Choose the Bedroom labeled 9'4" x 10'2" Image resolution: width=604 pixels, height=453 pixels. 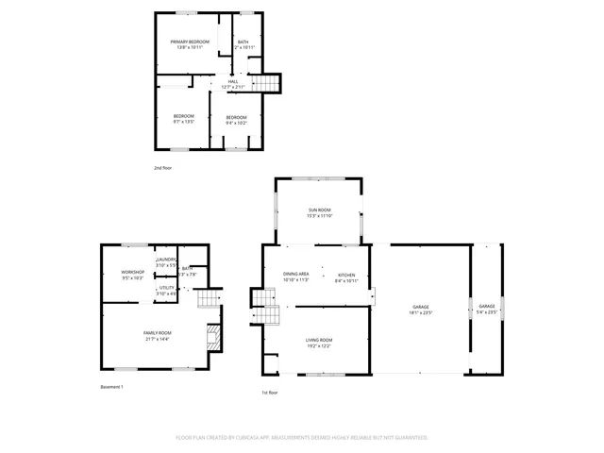(x=235, y=119)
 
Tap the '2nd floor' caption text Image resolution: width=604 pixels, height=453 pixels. (x=163, y=168)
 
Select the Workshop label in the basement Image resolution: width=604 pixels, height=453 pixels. (x=132, y=275)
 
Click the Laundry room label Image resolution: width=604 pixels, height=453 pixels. (x=166, y=261)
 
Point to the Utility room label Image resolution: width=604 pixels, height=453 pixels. (x=166, y=290)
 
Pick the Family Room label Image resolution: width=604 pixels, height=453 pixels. (x=157, y=335)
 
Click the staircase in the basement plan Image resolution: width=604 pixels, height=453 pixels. (x=208, y=298)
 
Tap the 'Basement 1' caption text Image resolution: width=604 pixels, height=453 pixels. (x=111, y=387)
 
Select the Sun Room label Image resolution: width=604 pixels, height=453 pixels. (x=319, y=212)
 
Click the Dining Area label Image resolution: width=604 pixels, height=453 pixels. (x=296, y=277)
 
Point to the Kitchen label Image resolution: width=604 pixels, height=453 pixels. (x=346, y=277)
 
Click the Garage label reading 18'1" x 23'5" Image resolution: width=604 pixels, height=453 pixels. (x=420, y=310)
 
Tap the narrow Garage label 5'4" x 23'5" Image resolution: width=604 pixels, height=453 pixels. (x=487, y=310)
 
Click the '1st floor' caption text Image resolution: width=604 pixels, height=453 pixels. (x=270, y=393)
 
